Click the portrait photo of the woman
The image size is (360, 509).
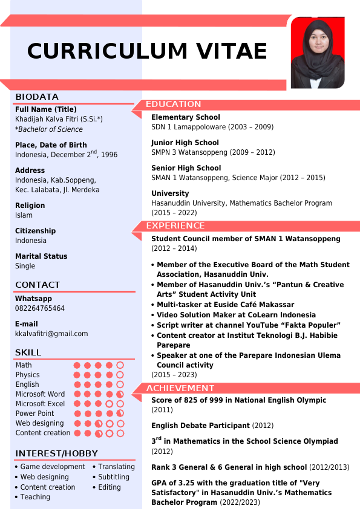(317, 53)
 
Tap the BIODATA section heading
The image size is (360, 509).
(37, 97)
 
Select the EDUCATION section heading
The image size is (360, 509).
(173, 104)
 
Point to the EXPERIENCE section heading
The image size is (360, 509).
(175, 225)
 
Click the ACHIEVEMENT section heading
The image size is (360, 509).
(180, 388)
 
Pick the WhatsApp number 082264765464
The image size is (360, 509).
(40, 308)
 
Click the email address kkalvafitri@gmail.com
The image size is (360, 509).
(51, 334)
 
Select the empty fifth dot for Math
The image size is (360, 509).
(120, 365)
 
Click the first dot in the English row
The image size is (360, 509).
(77, 384)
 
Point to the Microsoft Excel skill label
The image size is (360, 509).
(40, 404)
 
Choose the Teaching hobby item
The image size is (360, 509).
(35, 497)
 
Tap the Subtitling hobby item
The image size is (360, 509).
(114, 477)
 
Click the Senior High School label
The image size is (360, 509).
(186, 168)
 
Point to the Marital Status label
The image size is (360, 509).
(41, 256)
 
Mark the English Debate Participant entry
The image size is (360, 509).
(200, 426)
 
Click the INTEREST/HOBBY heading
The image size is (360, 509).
(56, 453)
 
